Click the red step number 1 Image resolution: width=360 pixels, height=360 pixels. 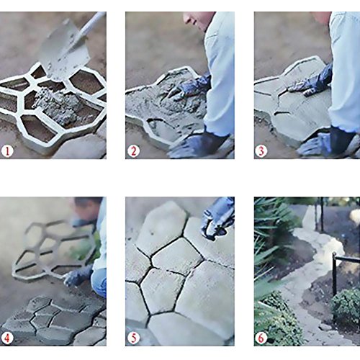pos(7,151)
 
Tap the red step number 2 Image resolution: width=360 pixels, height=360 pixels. pos(133,151)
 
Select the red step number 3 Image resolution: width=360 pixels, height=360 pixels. pos(261,151)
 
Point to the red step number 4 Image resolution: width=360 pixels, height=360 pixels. pos(7,338)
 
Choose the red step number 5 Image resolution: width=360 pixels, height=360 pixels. pos(133,338)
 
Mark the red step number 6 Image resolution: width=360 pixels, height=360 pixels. pos(261,338)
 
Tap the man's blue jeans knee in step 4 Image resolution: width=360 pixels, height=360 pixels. pos(99,283)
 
